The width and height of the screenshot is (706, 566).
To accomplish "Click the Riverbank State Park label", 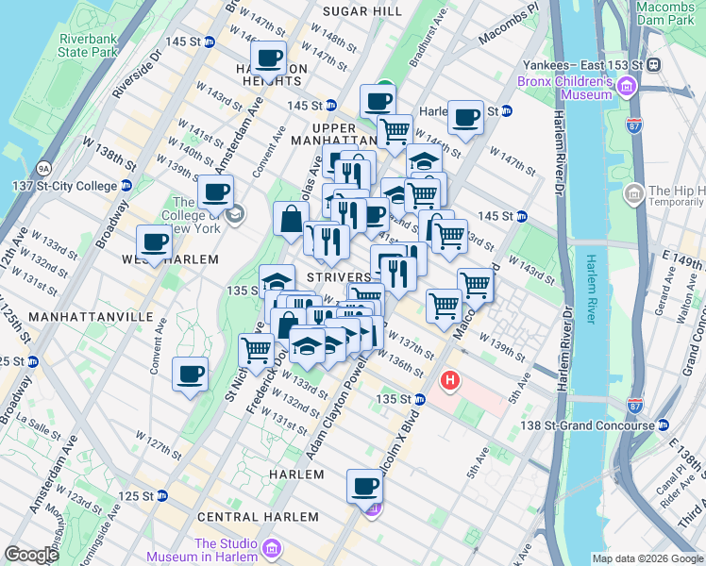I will (88, 45).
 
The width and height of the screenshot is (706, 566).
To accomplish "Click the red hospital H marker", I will (451, 381).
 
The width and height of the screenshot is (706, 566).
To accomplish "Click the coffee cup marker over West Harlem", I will (155, 241).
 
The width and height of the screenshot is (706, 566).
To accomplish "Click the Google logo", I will (31, 555).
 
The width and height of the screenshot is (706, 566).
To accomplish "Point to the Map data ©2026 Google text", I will (647, 558).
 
